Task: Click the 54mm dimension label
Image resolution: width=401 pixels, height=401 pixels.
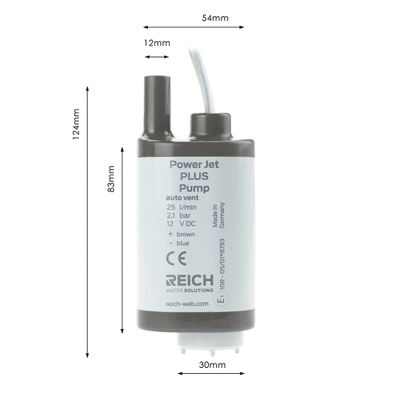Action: pos(215,18)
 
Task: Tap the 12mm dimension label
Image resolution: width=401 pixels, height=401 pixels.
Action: pos(157,43)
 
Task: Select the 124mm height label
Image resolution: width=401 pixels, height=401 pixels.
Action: pos(76,124)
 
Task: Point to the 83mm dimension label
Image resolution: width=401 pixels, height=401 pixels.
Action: pos(111,179)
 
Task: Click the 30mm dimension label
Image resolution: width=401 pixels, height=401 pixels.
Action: pos(212,365)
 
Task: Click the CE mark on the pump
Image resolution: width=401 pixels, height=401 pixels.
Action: pos(176,258)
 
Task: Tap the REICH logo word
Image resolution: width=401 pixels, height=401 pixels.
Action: pos(190,280)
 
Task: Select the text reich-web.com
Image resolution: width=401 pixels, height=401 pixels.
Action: pos(187,304)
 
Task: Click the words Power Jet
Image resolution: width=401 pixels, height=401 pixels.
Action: pos(194,164)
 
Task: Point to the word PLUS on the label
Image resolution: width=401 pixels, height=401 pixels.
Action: pos(194,176)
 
